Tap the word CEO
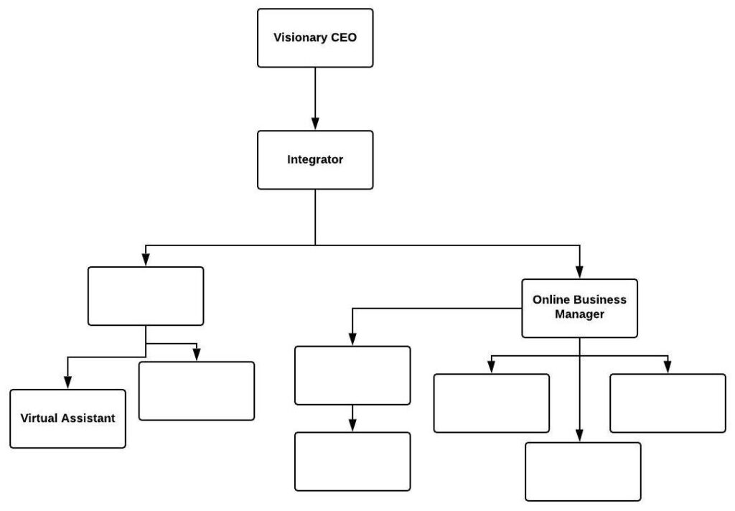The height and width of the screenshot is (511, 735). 343,38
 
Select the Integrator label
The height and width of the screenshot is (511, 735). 315,159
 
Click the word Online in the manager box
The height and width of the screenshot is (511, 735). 550,300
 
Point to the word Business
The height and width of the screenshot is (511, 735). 599,300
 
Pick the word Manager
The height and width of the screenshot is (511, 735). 579,314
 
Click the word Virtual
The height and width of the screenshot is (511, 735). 40,418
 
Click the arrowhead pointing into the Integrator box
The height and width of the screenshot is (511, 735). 315,124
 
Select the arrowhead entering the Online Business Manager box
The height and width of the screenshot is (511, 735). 579,273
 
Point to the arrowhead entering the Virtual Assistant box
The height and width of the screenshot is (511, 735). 67,383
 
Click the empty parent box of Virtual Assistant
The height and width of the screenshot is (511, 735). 146,296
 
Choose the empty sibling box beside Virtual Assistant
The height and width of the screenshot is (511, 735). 196,390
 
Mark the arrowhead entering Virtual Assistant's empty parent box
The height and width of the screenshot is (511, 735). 146,261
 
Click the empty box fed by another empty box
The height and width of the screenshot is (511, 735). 352,461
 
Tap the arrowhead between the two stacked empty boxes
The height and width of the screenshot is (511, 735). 352,426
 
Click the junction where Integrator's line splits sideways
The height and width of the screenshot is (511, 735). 315,245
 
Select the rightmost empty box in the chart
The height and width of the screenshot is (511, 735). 668,403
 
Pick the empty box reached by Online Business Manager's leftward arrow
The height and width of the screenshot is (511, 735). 352,375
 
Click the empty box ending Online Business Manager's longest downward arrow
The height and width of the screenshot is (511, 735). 583,471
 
